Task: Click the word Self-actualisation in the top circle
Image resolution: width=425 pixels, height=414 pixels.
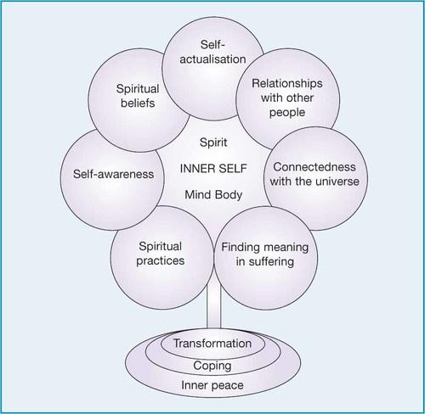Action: click(x=212, y=52)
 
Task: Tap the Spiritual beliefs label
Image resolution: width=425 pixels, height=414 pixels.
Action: click(x=138, y=96)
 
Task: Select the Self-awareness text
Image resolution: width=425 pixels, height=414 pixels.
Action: click(x=113, y=174)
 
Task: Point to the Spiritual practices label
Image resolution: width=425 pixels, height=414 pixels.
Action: click(x=160, y=254)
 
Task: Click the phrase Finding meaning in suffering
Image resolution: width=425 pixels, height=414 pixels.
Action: click(x=265, y=255)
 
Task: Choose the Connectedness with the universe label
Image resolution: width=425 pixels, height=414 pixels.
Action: click(x=314, y=174)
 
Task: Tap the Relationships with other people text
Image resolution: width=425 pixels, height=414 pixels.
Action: click(x=287, y=98)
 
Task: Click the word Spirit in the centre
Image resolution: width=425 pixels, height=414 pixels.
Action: click(x=213, y=143)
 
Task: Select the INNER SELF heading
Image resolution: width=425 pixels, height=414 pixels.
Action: click(x=213, y=169)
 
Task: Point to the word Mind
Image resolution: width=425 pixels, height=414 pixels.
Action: click(x=197, y=195)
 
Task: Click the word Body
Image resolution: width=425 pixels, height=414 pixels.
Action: click(x=229, y=195)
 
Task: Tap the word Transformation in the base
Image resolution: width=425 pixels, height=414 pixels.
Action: click(x=212, y=344)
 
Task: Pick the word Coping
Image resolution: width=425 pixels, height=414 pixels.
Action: click(x=212, y=366)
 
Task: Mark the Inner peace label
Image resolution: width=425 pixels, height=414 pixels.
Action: click(x=212, y=385)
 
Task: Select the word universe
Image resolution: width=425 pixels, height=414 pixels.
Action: click(x=338, y=182)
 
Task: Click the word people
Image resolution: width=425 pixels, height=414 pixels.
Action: click(x=287, y=113)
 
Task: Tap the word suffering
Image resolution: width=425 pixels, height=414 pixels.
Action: click(x=271, y=261)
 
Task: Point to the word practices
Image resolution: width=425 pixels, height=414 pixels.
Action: click(x=160, y=261)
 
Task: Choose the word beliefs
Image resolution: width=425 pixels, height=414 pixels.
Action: click(x=138, y=103)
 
